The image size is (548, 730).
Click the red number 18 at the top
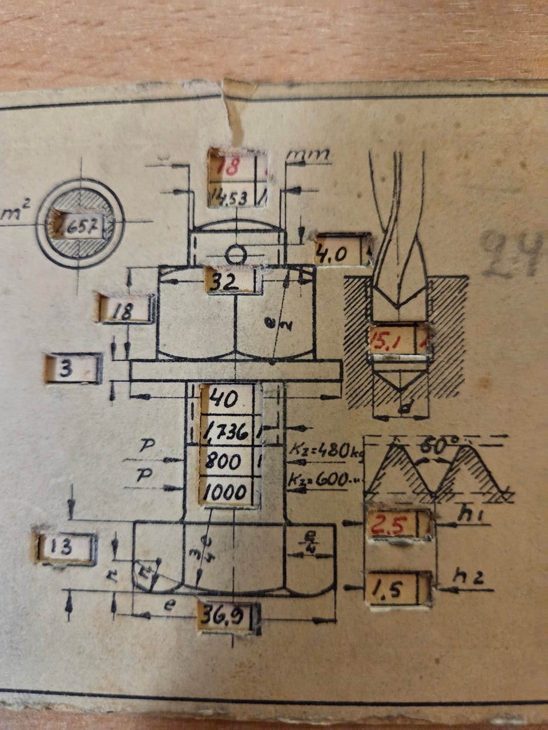click(x=229, y=168)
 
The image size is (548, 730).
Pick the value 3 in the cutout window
click(x=66, y=369)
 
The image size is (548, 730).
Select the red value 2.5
click(x=390, y=524)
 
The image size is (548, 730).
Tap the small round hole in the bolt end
click(x=236, y=253)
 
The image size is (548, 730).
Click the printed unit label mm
click(x=308, y=154)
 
